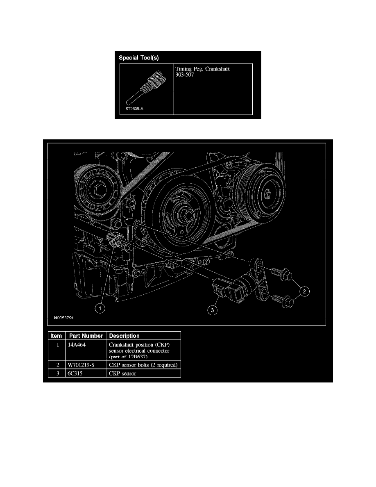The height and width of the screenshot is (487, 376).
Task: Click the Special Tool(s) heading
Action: point(139,58)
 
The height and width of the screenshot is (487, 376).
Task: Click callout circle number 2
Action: point(304,292)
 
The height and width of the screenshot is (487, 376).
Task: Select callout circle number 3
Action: point(212,311)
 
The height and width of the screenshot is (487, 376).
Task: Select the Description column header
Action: point(124,336)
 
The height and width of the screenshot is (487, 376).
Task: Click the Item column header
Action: point(56,336)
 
